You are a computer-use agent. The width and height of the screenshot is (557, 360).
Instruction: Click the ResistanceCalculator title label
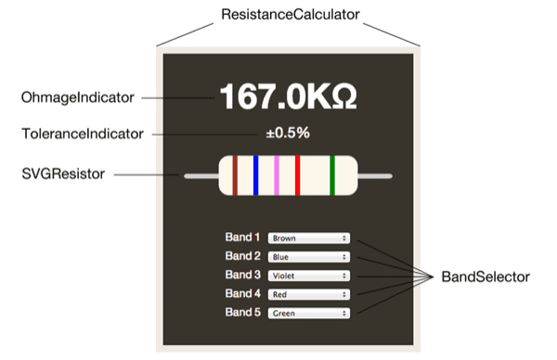click(x=290, y=16)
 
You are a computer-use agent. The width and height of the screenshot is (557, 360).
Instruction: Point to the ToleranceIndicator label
click(x=82, y=134)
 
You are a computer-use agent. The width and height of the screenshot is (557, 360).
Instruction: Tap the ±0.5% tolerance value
click(x=288, y=133)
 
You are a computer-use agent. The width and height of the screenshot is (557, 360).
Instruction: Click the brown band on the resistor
click(x=235, y=175)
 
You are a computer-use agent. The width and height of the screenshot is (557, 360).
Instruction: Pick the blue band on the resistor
click(x=255, y=175)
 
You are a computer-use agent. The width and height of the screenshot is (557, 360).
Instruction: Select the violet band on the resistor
click(x=277, y=175)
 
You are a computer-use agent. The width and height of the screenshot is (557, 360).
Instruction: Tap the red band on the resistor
click(x=297, y=175)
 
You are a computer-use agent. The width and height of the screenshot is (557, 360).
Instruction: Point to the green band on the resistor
click(x=332, y=175)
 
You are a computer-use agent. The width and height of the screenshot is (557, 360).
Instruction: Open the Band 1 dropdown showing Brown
click(x=308, y=238)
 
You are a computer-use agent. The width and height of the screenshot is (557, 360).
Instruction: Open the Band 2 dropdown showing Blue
click(x=308, y=256)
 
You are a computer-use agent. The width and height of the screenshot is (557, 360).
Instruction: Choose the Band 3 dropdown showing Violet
click(x=308, y=276)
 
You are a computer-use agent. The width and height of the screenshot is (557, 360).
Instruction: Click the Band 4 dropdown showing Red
click(x=308, y=294)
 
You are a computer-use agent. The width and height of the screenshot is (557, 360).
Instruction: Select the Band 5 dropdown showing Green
click(x=308, y=314)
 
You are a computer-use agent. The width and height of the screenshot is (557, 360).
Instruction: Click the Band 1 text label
click(x=243, y=237)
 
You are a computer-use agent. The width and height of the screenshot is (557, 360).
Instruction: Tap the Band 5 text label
click(x=243, y=313)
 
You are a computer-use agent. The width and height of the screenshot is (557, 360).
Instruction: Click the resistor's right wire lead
click(x=375, y=175)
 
